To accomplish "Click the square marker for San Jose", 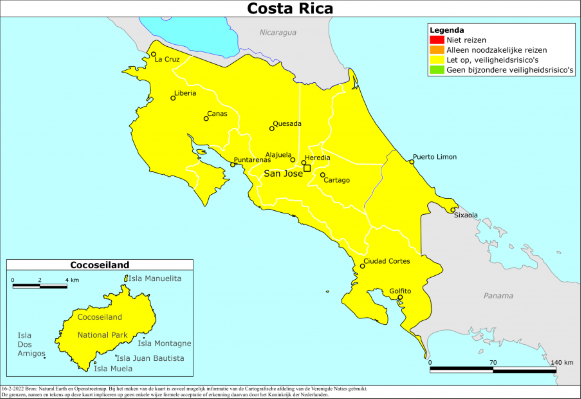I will (x=307, y=168).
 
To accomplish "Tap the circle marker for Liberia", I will (x=173, y=98).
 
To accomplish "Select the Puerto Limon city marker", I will (x=412, y=162).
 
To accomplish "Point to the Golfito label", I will (x=400, y=291).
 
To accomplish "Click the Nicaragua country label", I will (x=278, y=32).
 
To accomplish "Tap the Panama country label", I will (x=498, y=296).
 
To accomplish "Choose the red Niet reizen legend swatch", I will (x=437, y=40).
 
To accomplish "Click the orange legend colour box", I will (x=437, y=50).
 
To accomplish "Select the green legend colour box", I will (x=437, y=70).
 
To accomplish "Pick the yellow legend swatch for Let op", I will (x=437, y=60).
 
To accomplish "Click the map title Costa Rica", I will (x=290, y=8).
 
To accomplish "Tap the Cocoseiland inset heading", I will (x=100, y=265).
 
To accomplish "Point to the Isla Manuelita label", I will (x=154, y=279).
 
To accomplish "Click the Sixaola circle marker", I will (x=453, y=210).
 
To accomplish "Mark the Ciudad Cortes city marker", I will (x=362, y=266).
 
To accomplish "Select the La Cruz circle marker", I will (x=154, y=54).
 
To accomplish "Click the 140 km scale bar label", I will (x=562, y=362).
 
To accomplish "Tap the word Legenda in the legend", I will (x=447, y=30).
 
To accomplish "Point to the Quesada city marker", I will (x=272, y=128).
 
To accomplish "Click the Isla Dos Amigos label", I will (x=31, y=344).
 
